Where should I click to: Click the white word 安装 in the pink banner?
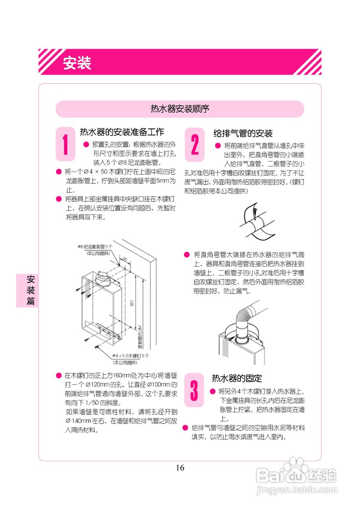(x=77, y=63)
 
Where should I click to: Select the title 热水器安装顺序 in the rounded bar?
(x=180, y=109)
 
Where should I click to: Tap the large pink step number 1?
(x=65, y=144)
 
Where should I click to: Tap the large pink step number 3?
(x=194, y=390)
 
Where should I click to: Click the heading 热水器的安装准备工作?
(x=122, y=132)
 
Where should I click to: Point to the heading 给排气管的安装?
(x=243, y=133)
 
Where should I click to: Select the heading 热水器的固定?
(x=237, y=378)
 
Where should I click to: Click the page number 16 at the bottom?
(x=180, y=468)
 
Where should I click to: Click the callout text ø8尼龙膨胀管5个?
(x=95, y=247)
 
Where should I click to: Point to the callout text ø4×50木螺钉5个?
(x=130, y=355)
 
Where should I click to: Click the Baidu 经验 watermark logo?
(x=297, y=475)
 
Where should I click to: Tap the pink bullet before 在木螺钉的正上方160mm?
(x=59, y=376)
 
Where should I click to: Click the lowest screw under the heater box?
(x=97, y=347)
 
